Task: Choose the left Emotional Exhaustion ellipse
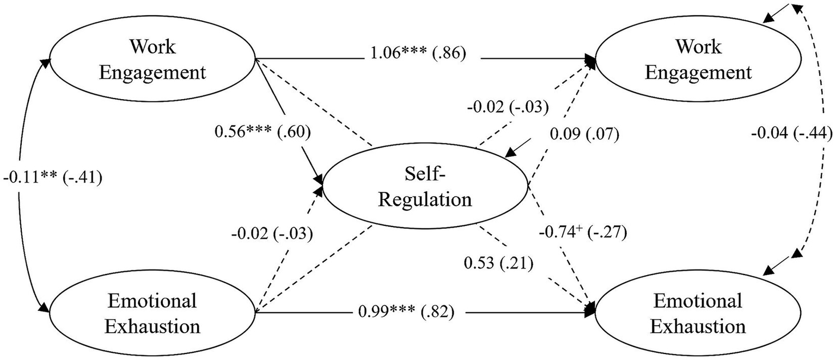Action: tap(152, 313)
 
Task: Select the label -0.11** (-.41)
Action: tap(53, 178)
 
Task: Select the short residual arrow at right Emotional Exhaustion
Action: tap(776, 267)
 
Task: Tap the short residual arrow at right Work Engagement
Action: tap(776, 13)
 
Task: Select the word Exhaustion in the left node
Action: tap(152, 326)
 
